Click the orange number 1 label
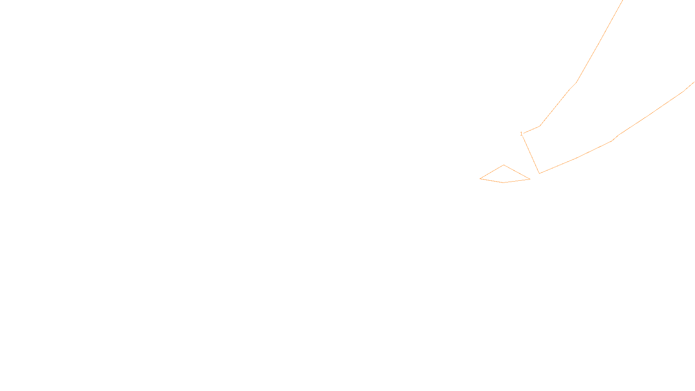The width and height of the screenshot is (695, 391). point(521,134)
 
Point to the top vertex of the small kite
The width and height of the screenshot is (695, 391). point(504,165)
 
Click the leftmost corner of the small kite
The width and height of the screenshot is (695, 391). point(480,179)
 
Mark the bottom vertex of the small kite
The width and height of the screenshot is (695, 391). point(504,182)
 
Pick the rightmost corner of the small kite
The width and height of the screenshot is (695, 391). point(530,179)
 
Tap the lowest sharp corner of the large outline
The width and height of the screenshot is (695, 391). point(539,173)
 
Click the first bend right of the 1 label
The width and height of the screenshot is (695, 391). point(540,126)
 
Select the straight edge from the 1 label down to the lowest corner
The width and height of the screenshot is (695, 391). point(531,154)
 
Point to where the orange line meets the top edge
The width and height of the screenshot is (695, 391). point(622,0)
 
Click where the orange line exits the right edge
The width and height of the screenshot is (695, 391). point(694,82)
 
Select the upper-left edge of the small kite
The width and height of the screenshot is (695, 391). point(492,172)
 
